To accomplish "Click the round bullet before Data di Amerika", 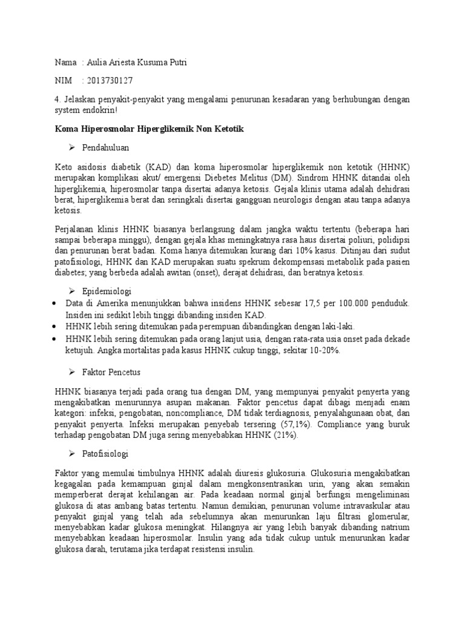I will (x=56, y=303).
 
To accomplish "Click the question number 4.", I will (x=56, y=99).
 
